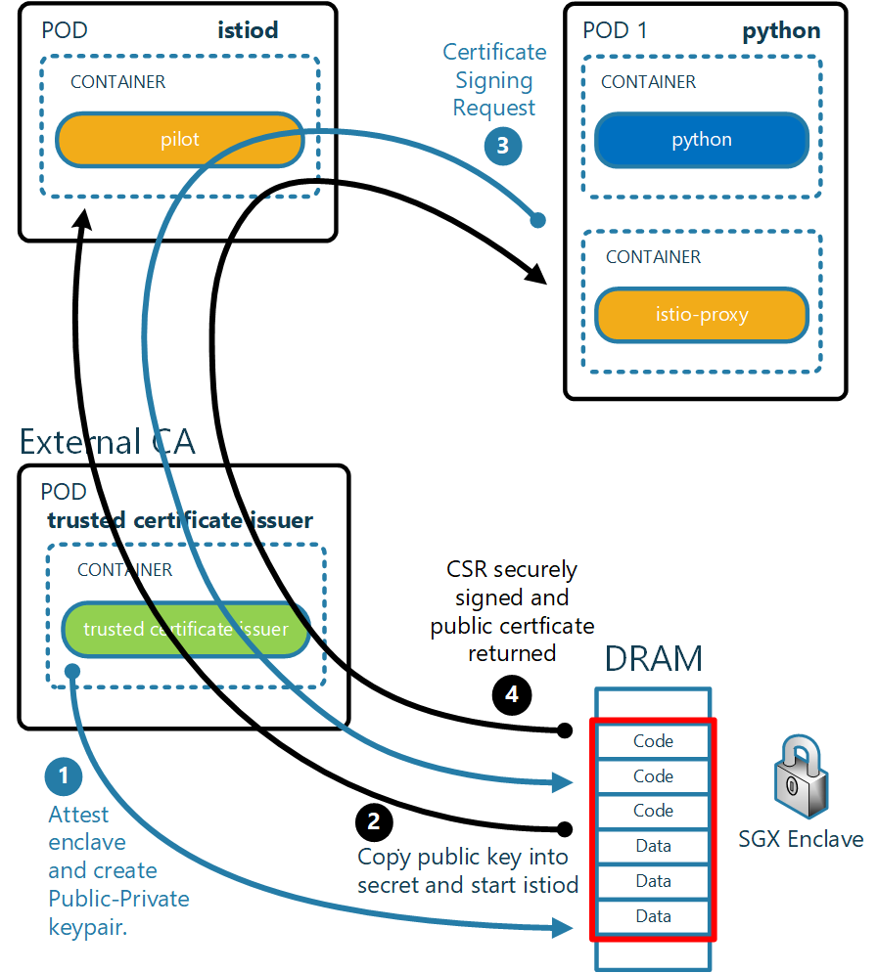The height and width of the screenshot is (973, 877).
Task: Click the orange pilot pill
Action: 179,140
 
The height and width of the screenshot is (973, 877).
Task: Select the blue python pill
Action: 702,140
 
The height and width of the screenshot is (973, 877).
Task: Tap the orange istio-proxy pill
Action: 702,315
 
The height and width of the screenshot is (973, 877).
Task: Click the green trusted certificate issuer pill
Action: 186,629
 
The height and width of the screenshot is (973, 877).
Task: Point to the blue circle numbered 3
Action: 503,146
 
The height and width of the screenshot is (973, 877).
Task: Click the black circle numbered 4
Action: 512,694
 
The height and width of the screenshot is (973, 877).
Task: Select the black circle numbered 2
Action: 374,821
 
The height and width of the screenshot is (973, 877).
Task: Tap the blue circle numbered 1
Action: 64,775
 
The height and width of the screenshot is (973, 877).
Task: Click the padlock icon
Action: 801,775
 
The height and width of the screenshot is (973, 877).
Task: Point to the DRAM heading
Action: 654,658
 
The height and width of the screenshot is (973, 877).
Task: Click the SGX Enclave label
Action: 801,839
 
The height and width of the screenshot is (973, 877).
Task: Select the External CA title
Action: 108,442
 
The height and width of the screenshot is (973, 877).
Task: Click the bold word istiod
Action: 248,29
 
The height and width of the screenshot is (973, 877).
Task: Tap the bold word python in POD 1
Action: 781,31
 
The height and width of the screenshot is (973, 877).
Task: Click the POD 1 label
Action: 615,29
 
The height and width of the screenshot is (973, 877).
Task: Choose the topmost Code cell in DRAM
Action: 653,741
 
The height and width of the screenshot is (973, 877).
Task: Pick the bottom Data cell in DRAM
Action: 653,916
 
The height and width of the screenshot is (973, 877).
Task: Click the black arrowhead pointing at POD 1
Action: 536,274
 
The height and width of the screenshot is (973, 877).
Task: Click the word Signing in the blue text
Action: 493,80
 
